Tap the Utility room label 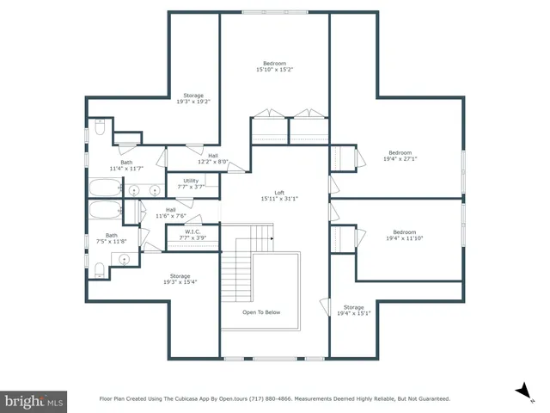coord(190,183)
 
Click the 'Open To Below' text coord(261,312)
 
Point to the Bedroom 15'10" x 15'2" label coord(275,66)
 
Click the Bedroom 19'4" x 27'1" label coord(400,156)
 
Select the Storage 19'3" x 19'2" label coord(193,98)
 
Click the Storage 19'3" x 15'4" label coord(180,279)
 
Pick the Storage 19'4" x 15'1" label coord(354,310)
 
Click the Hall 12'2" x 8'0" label coord(212,158)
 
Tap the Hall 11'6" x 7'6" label coord(171,213)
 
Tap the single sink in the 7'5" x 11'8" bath coord(125,258)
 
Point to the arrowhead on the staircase coord(271,238)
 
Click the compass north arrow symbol coord(521,391)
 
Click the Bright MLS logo coord(34,400)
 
